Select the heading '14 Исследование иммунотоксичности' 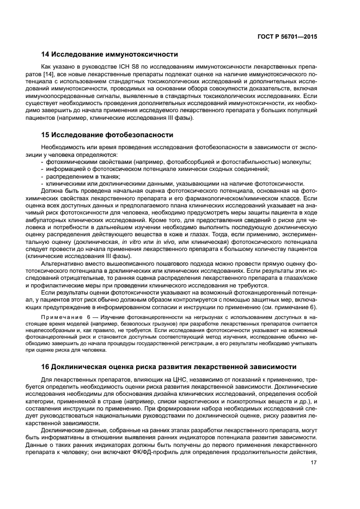click(110, 54)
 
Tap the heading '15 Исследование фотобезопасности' click(107, 134)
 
